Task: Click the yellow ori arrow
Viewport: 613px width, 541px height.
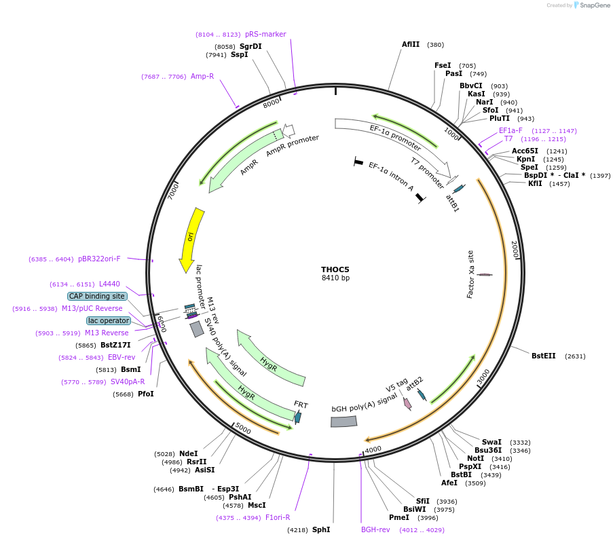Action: [190, 239]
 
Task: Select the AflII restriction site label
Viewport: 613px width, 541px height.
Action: [411, 45]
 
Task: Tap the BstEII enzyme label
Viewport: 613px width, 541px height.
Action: [543, 356]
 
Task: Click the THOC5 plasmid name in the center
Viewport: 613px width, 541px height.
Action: [335, 269]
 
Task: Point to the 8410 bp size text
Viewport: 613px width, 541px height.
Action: [335, 278]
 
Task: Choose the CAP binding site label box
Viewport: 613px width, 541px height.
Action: [97, 296]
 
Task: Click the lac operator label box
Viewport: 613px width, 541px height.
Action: [109, 320]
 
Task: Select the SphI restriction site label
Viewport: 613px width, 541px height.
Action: [321, 529]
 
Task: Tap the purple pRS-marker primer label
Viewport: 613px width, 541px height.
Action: [265, 34]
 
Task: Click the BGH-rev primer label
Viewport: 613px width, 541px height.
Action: [375, 529]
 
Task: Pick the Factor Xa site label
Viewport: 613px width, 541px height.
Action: [470, 274]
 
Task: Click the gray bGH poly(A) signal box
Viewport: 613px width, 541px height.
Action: [343, 422]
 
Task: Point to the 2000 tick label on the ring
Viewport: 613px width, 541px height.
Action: [515, 249]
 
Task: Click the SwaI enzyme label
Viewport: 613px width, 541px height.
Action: [491, 442]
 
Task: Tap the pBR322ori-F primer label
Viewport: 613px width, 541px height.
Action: [99, 259]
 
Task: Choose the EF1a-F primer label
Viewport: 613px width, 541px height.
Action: [510, 130]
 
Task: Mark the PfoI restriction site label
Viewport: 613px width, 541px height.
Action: [146, 394]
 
